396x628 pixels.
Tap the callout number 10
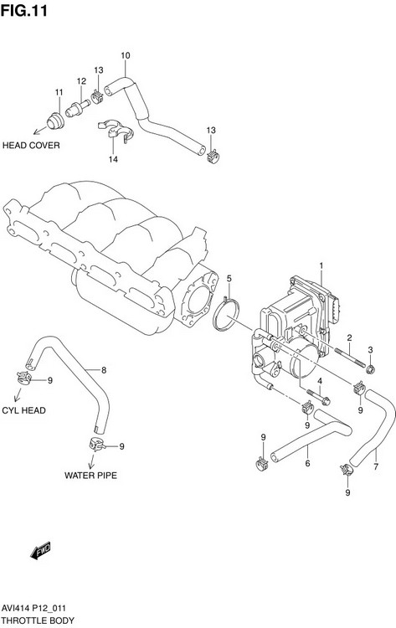[126, 56]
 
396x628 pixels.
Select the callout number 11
[59, 92]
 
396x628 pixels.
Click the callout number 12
[82, 81]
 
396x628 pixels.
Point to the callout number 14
[112, 160]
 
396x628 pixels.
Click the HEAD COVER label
[31, 144]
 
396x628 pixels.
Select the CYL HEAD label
[23, 411]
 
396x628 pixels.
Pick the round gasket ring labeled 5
[225, 317]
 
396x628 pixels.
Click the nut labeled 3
[372, 368]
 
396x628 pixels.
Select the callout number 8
[103, 370]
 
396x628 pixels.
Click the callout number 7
[376, 466]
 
